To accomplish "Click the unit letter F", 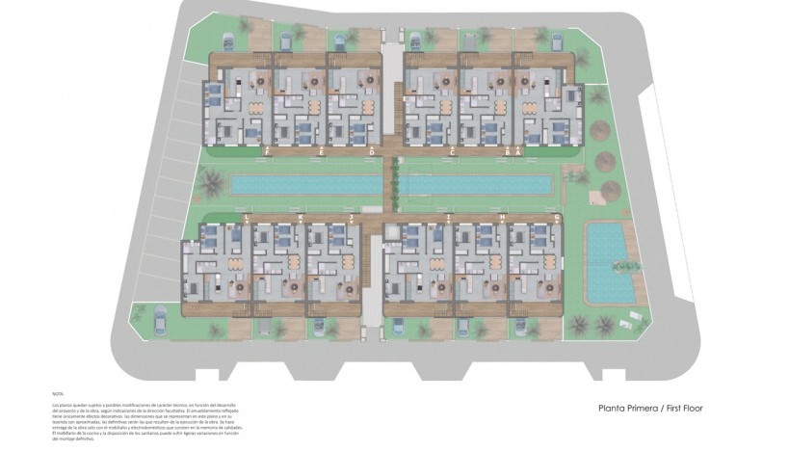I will point(266,152).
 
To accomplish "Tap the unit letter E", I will point(320,152).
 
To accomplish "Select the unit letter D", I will point(372,152).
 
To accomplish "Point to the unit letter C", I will point(452,152).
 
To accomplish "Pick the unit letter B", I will point(508,152).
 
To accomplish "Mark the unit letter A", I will point(518,152).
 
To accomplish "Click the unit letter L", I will point(248,220).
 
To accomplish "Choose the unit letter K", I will point(301,220).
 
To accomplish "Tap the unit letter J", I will point(354,220).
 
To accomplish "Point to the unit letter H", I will point(503,220).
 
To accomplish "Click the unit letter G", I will point(557,220).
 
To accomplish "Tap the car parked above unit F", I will point(229,40).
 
